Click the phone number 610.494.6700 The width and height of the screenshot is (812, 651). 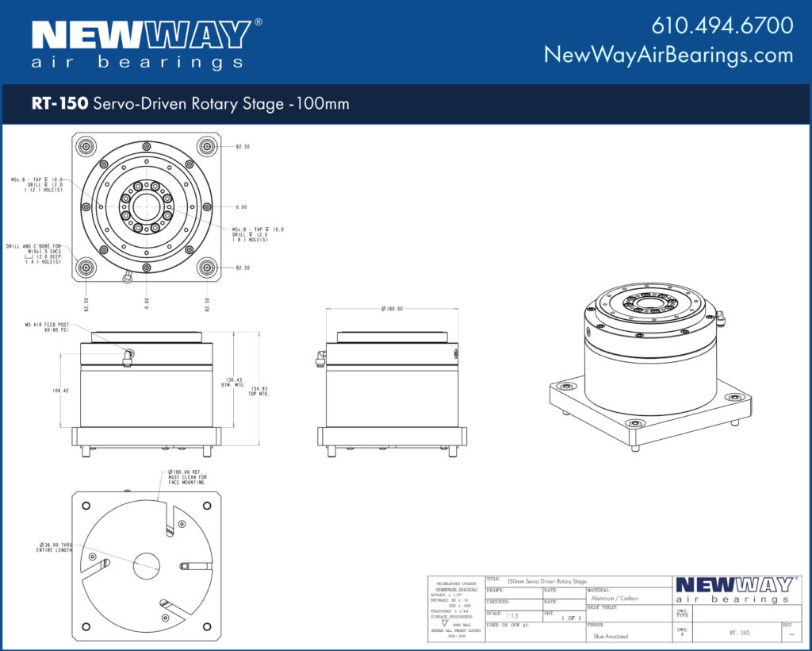(x=722, y=25)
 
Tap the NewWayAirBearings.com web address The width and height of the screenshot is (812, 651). (x=668, y=55)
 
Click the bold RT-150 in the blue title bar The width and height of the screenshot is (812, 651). (x=59, y=103)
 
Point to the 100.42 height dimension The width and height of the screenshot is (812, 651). (x=61, y=391)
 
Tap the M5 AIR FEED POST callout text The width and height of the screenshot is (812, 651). (x=48, y=327)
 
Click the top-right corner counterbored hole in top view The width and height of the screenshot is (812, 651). (x=207, y=146)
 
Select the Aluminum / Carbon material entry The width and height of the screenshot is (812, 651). (x=615, y=598)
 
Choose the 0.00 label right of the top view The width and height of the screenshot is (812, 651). (x=241, y=207)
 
